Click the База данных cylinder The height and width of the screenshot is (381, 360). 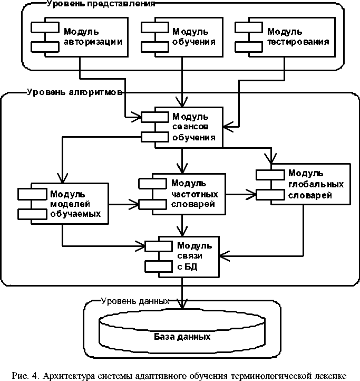(x=182, y=336)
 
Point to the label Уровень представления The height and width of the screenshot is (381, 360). (x=100, y=4)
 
